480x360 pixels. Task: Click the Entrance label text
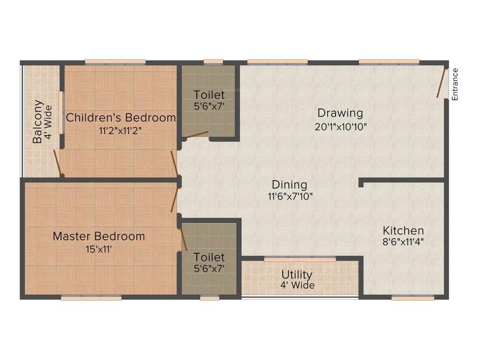[x=455, y=84]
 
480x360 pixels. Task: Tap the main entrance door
[x=442, y=83]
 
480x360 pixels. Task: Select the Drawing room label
[x=340, y=113]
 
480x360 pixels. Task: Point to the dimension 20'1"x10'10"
[x=340, y=126]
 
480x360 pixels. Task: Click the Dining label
[x=289, y=185]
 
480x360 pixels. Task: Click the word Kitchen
[x=404, y=231]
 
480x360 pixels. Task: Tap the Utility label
[x=297, y=274]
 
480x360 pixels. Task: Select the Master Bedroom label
[x=98, y=236]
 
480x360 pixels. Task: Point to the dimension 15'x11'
[x=98, y=249]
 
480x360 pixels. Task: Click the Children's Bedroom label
[x=120, y=117]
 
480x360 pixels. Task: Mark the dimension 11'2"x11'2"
[x=120, y=130]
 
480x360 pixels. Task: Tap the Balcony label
[x=38, y=122]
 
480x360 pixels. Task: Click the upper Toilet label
[x=209, y=95]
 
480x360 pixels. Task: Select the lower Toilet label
[x=209, y=257]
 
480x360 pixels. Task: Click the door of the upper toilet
[x=195, y=136]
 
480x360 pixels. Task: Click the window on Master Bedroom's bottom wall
[x=91, y=297]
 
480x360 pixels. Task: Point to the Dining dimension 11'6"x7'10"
[x=289, y=196]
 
